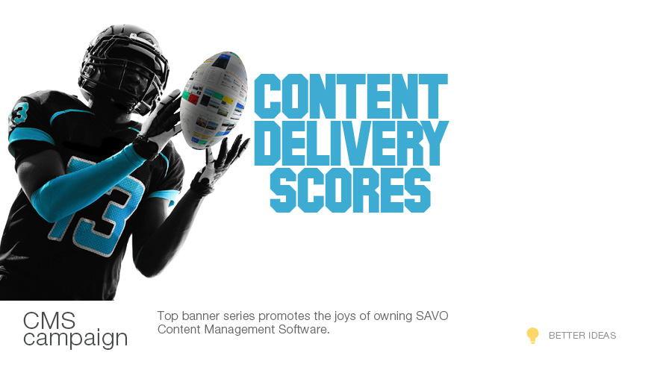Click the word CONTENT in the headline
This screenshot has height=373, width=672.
[x=351, y=96]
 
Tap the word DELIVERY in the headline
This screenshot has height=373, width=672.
[x=352, y=143]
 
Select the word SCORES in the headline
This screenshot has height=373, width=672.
[x=350, y=190]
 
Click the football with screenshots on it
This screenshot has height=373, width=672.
[x=214, y=100]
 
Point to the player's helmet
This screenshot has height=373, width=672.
[x=123, y=69]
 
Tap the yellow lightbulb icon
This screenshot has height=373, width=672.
[x=532, y=336]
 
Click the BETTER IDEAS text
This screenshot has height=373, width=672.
[x=582, y=336]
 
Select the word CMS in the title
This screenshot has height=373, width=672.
[x=49, y=321]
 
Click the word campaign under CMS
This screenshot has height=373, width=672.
[x=75, y=339]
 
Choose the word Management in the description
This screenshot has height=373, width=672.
[x=240, y=330]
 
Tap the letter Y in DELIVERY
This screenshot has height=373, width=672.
[x=432, y=143]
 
